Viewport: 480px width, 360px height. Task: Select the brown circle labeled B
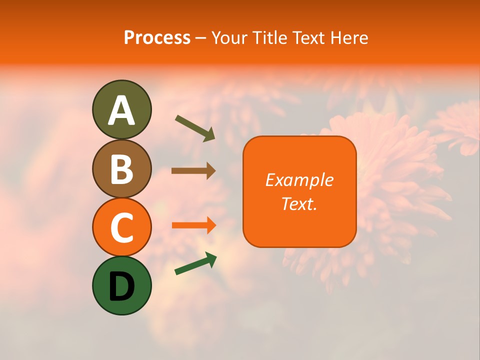click(x=121, y=168)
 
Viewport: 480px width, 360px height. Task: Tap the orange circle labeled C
click(x=121, y=227)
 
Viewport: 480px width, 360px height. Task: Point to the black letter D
click(x=121, y=286)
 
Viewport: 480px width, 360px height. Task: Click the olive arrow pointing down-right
click(x=195, y=128)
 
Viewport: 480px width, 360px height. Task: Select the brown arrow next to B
click(x=193, y=170)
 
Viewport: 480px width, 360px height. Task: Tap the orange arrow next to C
click(x=194, y=225)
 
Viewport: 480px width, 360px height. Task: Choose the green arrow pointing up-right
click(x=195, y=263)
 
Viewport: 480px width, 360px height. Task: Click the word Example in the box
click(x=299, y=180)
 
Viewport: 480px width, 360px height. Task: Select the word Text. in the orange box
click(x=299, y=203)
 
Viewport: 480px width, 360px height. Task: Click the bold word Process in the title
click(x=157, y=38)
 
